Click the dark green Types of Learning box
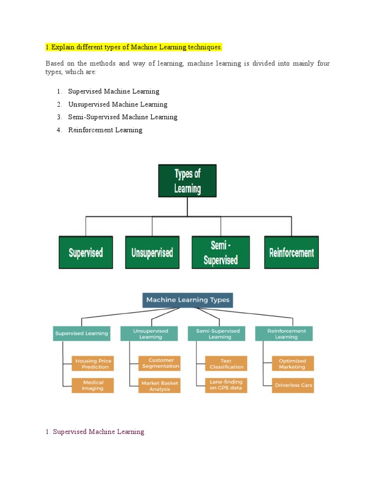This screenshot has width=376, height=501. point(187,181)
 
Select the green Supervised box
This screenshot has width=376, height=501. point(86,252)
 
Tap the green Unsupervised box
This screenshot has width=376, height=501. point(152,252)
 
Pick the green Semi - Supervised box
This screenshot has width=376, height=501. point(220,252)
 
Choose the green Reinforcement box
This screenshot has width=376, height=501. point(291,252)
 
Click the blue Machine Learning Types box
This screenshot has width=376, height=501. point(188,300)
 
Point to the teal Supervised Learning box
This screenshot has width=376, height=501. point(81,334)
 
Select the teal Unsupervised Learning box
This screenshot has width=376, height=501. point(150,334)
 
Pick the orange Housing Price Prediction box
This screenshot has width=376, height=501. point(93,364)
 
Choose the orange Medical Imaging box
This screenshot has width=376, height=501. point(93,385)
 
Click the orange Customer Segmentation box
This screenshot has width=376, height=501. point(160,363)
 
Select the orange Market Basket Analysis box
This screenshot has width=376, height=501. point(160,386)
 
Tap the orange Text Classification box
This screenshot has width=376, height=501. point(226,364)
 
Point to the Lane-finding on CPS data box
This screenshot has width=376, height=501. point(226,385)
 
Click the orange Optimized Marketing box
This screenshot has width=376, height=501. point(293,364)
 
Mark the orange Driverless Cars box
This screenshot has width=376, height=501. point(293,385)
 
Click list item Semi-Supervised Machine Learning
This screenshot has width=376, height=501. point(122,117)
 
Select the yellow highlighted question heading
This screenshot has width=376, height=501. point(134,47)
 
